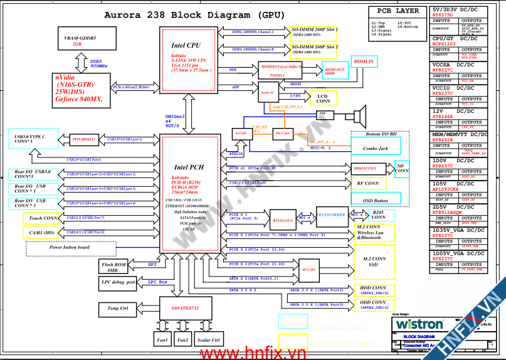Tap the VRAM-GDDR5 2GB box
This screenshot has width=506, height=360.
point(80,41)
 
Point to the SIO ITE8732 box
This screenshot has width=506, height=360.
point(186,308)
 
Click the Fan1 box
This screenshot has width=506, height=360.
point(162,340)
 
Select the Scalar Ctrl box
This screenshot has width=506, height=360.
point(208,340)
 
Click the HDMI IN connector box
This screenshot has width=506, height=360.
point(364,62)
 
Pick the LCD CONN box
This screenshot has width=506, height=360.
point(323,98)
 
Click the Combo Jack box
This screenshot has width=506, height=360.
point(375,148)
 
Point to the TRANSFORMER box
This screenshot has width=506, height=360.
point(331,214)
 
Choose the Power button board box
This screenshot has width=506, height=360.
point(69,247)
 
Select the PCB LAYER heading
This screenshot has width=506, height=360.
point(398,11)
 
